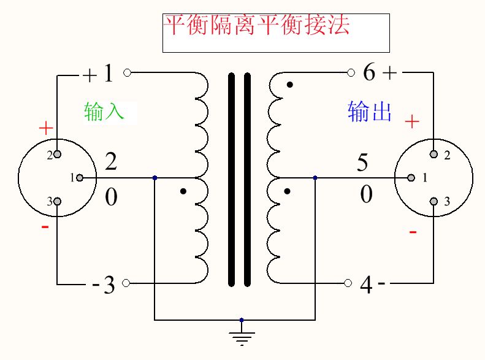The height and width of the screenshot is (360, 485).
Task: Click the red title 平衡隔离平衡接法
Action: (x=256, y=26)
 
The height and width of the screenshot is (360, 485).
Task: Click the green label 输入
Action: (x=104, y=110)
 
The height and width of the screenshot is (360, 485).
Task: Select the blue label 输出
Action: (x=370, y=112)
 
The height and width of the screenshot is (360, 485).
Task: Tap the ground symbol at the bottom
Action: (x=242, y=336)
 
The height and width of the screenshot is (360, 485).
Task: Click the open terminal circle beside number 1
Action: (x=127, y=72)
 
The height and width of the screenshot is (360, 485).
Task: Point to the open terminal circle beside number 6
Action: (x=351, y=72)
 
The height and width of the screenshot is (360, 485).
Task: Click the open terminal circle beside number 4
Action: (x=348, y=283)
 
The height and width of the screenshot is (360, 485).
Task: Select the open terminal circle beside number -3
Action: (x=127, y=283)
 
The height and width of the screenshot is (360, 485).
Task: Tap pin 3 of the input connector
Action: (x=57, y=201)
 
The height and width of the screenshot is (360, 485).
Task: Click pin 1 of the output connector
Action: (x=411, y=178)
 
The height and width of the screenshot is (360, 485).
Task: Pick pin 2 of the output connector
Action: (x=433, y=154)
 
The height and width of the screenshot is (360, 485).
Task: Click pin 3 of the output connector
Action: (x=433, y=201)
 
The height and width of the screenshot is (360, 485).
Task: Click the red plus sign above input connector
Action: (x=46, y=128)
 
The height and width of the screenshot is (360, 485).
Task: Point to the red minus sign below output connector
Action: (x=413, y=232)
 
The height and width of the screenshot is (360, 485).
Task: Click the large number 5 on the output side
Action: (x=362, y=163)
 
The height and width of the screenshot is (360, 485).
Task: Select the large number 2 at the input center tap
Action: (x=110, y=162)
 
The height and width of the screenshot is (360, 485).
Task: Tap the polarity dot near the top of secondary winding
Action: (x=289, y=85)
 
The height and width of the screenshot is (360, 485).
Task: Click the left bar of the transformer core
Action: (x=232, y=179)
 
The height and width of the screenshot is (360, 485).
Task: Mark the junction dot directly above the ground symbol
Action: (x=242, y=320)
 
